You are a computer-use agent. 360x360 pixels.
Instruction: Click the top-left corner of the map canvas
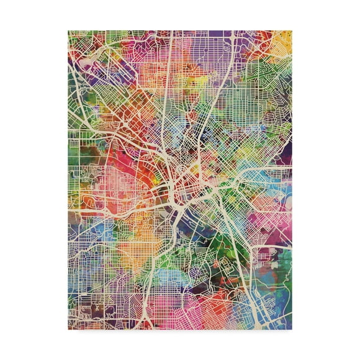tap(68, 30)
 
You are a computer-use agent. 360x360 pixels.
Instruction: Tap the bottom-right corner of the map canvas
tap(292, 330)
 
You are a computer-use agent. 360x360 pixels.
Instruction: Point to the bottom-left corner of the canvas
tap(68, 330)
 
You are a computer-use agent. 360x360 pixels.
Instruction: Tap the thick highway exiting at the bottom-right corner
tap(273, 310)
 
